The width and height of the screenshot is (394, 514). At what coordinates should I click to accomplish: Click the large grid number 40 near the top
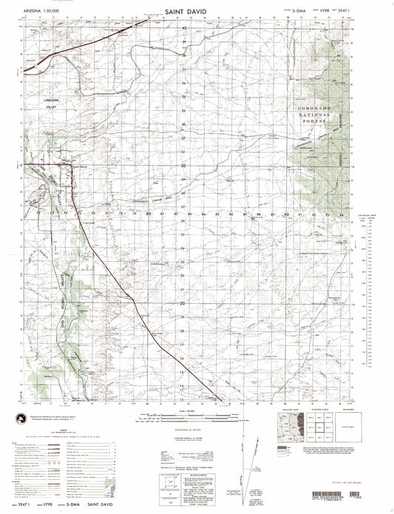(184, 28)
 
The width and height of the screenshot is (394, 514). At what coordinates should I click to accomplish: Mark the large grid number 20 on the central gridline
(184, 303)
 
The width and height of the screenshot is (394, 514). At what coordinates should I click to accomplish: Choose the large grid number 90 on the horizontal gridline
(286, 214)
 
